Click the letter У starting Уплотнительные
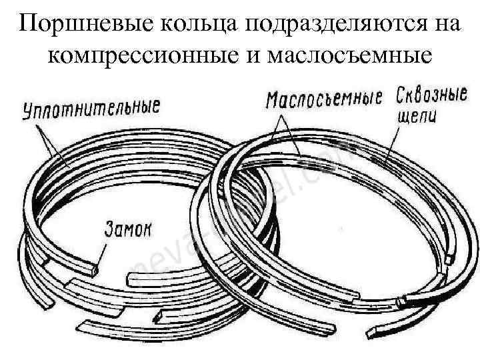point(29,111)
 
